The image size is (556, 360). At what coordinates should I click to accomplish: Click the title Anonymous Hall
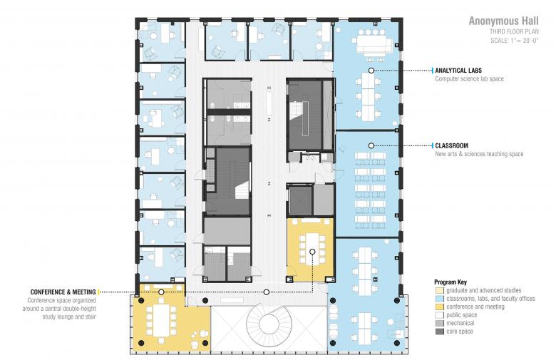point(503,21)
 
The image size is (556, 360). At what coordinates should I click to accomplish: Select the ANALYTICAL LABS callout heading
point(458,71)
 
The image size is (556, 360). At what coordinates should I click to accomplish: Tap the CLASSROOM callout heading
point(452,145)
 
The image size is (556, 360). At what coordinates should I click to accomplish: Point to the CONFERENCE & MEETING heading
point(63,292)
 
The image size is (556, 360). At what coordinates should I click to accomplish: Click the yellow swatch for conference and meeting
point(440,307)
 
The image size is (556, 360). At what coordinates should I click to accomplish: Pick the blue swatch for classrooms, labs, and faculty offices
point(440,299)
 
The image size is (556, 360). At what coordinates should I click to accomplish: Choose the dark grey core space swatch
point(440,331)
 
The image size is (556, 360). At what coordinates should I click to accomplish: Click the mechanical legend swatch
point(440,324)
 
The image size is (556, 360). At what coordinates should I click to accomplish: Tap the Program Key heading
point(451,282)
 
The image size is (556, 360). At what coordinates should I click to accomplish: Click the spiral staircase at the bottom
point(269,324)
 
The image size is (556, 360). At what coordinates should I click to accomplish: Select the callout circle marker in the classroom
point(371,145)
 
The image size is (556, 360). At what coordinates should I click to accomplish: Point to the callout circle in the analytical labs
point(371,71)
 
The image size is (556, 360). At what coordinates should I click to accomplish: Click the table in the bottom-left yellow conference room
point(161,321)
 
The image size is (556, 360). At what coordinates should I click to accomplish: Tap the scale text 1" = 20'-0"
point(515,41)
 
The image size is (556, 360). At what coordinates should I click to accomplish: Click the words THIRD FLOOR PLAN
point(514,31)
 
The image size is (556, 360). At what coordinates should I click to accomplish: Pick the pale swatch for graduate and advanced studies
point(440,290)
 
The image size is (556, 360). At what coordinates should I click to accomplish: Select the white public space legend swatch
point(440,315)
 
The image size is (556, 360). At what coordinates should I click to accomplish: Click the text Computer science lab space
point(470,79)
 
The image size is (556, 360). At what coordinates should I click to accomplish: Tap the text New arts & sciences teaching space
point(480,154)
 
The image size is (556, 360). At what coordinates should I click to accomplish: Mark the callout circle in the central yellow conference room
point(312,252)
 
